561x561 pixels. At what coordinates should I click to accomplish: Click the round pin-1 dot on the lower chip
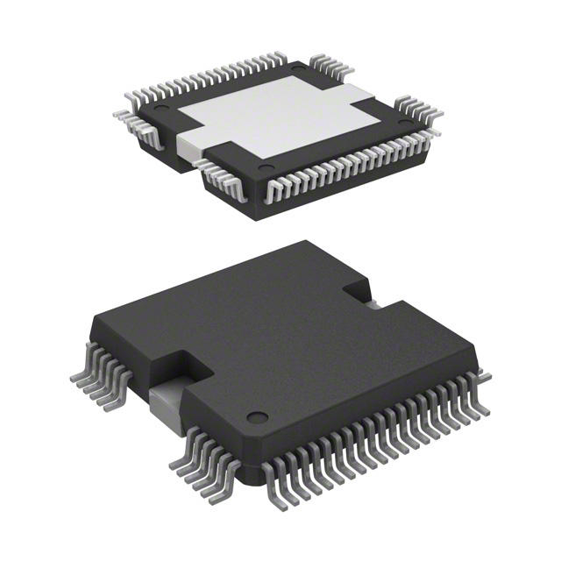[x=255, y=417]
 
